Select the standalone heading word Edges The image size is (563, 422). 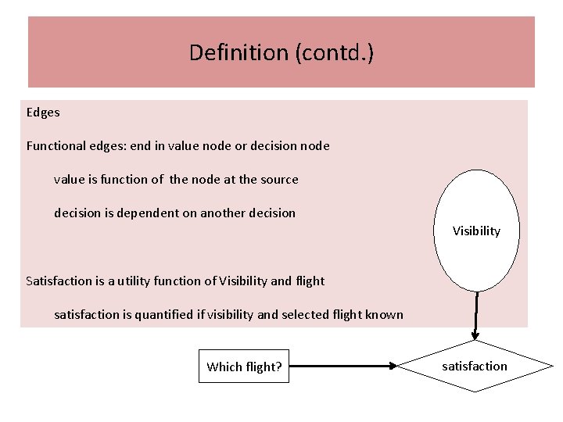[x=43, y=113]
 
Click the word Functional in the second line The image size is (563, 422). [x=56, y=146]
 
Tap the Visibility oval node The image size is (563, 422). [x=476, y=231]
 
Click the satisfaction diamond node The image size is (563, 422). [x=475, y=366]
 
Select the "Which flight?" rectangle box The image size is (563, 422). [x=244, y=367]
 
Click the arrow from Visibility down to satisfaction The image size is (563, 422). [x=475, y=316]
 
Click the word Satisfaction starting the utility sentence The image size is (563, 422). [x=59, y=281]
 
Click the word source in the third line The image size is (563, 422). [x=279, y=180]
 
